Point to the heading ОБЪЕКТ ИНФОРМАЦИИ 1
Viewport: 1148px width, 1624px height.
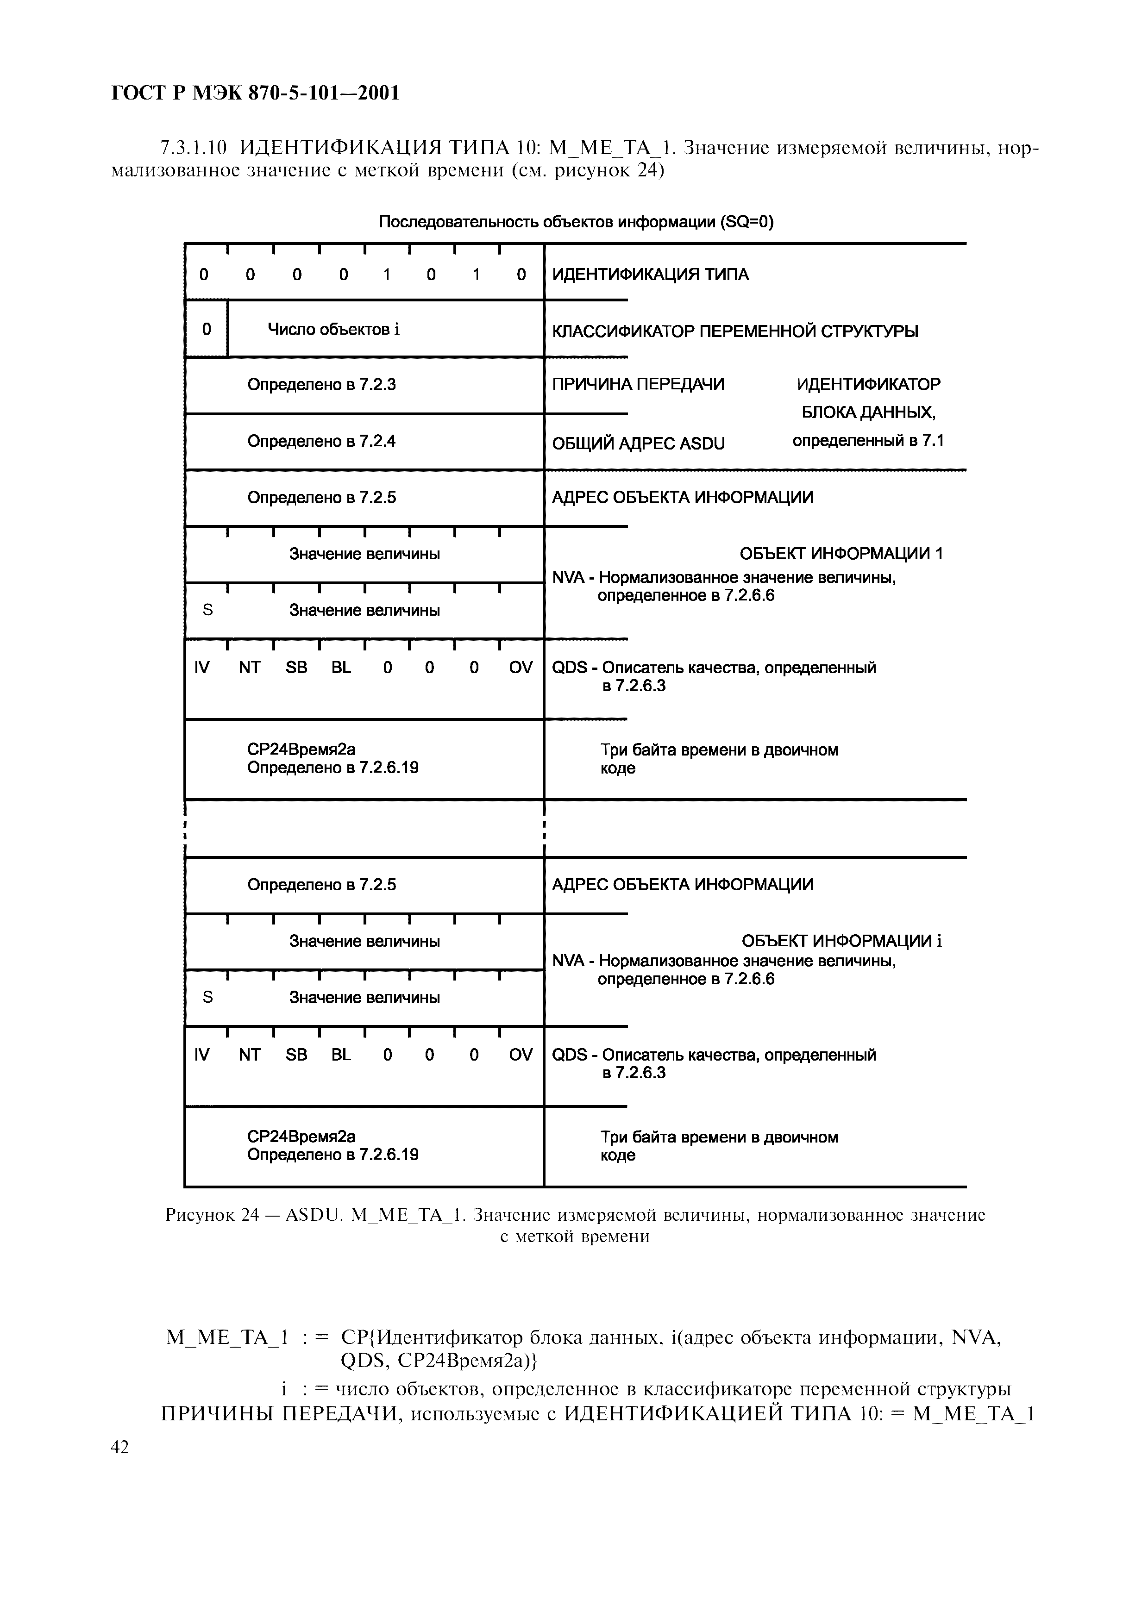pyautogui.click(x=841, y=554)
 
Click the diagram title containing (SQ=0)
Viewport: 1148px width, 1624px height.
pyautogui.click(x=576, y=223)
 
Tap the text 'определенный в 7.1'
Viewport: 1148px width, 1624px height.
pyautogui.click(x=867, y=441)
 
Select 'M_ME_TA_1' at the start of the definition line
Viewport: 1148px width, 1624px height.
pyautogui.click(x=227, y=1337)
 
